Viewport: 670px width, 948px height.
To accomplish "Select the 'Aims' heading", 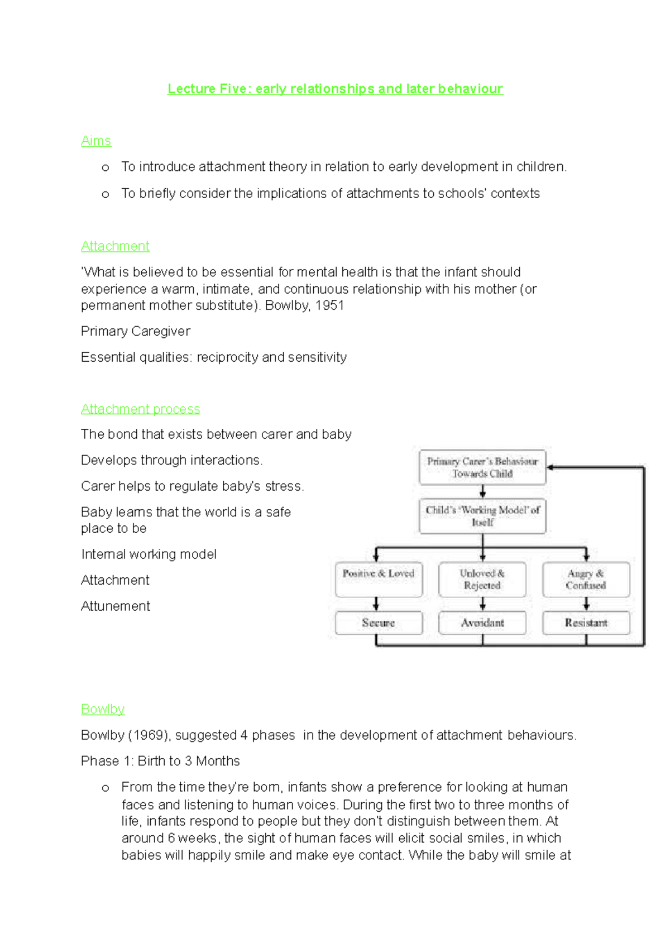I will (96, 141).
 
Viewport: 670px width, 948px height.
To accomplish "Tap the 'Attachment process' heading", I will (140, 409).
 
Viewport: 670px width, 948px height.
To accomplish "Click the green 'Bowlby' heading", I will (103, 709).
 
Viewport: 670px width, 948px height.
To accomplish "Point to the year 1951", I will (329, 305).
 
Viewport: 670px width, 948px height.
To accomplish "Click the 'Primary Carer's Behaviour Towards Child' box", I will (482, 467).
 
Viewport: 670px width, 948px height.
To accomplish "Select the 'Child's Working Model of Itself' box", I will (482, 516).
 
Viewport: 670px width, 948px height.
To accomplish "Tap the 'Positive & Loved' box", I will (379, 579).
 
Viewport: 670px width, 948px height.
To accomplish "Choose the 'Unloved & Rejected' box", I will (482, 579).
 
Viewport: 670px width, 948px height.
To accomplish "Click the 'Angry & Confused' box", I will (586, 579).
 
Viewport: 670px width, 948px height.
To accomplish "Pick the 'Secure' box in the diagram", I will (379, 623).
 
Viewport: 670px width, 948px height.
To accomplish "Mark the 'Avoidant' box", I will (482, 623).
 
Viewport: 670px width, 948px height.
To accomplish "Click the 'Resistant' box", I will (586, 623).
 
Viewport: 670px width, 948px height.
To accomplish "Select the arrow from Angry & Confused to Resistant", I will (586, 604).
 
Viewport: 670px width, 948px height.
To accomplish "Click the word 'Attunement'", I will (116, 606).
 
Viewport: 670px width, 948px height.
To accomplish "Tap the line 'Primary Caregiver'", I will (136, 332).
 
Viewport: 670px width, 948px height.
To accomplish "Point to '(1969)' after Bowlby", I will (149, 735).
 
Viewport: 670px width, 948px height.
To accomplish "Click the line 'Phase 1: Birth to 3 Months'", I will (160, 761).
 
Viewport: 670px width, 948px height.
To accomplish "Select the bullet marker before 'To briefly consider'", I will (106, 194).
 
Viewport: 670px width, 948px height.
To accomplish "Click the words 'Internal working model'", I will (149, 554).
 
